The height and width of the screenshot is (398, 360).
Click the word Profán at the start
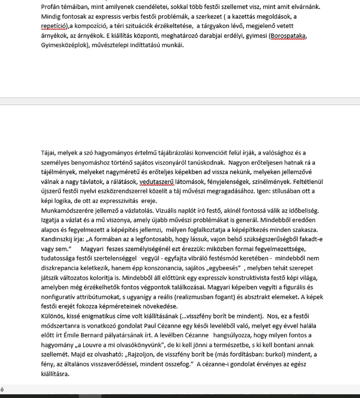pyautogui.click(x=51, y=7)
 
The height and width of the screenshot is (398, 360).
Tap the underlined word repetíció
pyautogui.click(x=54, y=26)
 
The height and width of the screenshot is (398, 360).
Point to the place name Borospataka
pyautogui.click(x=289, y=36)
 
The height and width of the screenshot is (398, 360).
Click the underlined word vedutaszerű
pyautogui.click(x=156, y=182)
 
